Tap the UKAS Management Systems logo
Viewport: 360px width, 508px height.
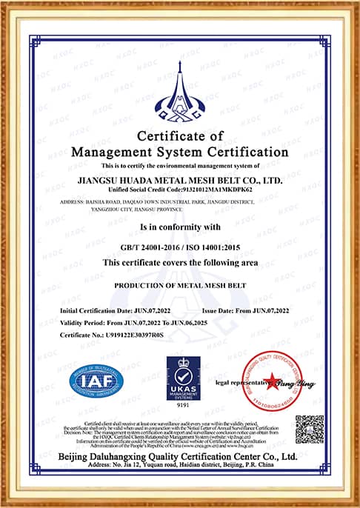pyautogui.click(x=180, y=378)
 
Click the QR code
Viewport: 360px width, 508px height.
pyautogui.click(x=309, y=429)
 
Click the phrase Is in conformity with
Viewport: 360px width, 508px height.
pyautogui.click(x=180, y=227)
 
